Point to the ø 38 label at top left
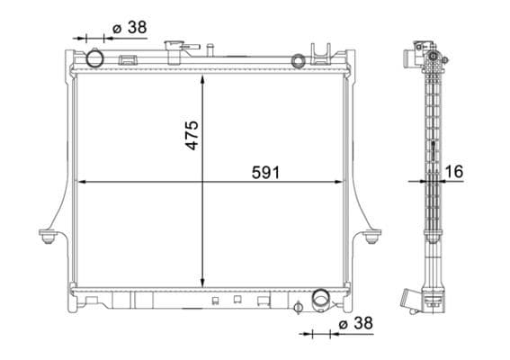pos(130,27)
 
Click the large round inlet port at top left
pos(93,59)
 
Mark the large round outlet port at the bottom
pos(320,300)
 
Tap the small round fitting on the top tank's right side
pos(298,60)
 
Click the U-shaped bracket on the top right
pos(319,51)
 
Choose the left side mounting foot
pos(48,237)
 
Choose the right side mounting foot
pos(372,237)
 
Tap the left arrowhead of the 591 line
pos(82,181)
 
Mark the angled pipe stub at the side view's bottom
pos(415,299)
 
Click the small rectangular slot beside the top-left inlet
pos(128,61)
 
